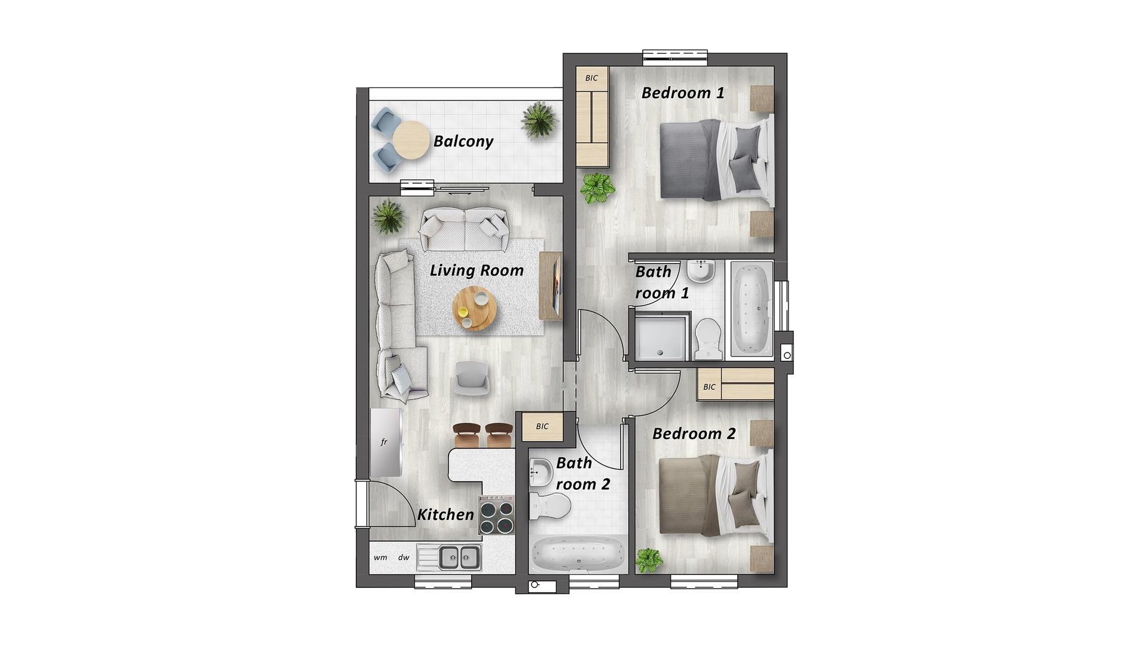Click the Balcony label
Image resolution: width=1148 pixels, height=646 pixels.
[x=463, y=142]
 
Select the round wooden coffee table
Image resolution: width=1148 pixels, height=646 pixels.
[x=475, y=309]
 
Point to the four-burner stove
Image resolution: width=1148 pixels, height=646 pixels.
[x=496, y=515]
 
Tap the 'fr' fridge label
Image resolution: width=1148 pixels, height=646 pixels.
[x=384, y=443]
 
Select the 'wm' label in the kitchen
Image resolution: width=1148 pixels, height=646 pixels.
[x=380, y=557]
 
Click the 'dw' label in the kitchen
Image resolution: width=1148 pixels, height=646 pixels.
[x=404, y=557]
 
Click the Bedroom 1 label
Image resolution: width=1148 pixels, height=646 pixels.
[x=683, y=93]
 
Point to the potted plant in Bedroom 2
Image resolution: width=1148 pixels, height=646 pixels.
[x=649, y=561]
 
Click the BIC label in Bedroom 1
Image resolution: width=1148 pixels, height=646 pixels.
[x=591, y=78]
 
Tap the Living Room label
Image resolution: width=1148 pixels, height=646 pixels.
[x=477, y=271]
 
